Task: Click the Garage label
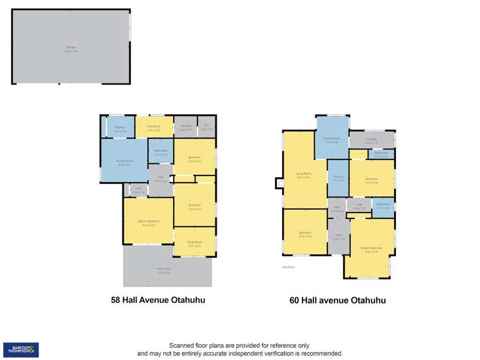coord(70,46)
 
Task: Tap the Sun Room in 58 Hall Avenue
coord(153,127)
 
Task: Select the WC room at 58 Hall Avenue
coord(206,127)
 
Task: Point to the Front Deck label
coord(163,270)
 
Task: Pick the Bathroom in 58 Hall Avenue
coord(161,152)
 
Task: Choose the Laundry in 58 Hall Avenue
coord(186,127)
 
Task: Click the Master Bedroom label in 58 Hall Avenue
coord(147,223)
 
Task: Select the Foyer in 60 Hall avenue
coord(338,236)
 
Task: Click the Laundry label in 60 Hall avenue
coord(371,140)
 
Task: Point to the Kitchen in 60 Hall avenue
coord(338,179)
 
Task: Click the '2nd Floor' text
coord(288,266)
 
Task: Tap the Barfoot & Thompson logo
coord(21,349)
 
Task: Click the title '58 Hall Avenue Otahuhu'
coord(158,299)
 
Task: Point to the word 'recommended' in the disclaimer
coord(317,354)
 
